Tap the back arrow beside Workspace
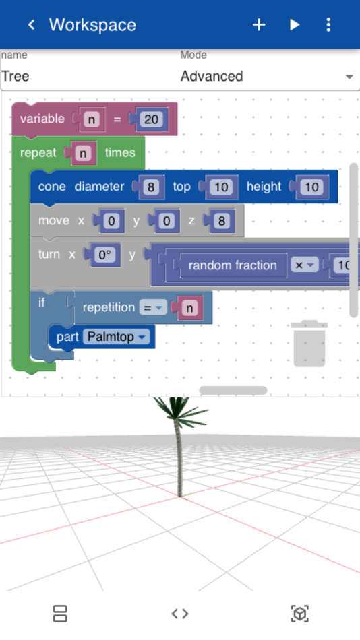31,25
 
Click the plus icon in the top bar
259,25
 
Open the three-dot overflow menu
328,25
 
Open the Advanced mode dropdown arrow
349,77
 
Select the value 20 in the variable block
151,119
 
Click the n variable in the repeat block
83,153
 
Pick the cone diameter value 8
151,187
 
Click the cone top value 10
221,187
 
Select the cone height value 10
311,187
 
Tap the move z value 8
222,221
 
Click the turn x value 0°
105,255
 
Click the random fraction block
232,265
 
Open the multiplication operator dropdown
305,265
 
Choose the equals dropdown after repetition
153,307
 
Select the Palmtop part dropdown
116,337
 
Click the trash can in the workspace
309,344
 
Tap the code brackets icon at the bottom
180,614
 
